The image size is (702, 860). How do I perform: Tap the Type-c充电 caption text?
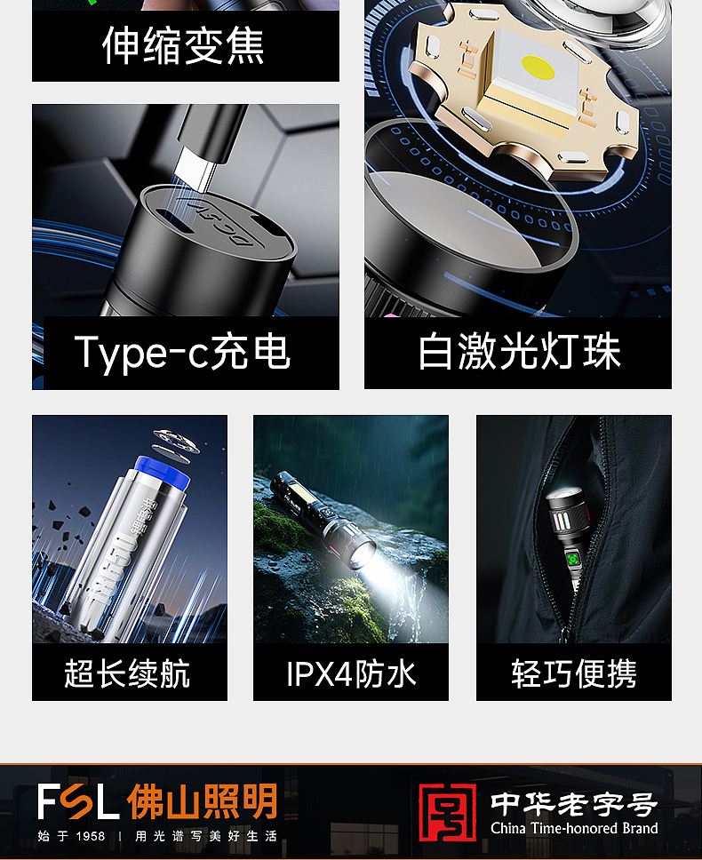point(183,352)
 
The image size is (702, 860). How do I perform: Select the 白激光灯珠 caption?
point(520,352)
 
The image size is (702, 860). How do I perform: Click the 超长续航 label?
point(127,673)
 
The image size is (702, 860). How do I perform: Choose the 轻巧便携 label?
point(574,673)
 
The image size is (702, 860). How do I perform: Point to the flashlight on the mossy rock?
point(334,520)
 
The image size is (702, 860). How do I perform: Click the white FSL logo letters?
point(78,801)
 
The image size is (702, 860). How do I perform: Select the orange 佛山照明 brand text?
point(203,801)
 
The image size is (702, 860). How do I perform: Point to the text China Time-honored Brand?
point(574,829)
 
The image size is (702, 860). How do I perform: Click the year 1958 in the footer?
point(90,836)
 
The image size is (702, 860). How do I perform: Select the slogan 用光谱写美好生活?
point(206,836)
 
